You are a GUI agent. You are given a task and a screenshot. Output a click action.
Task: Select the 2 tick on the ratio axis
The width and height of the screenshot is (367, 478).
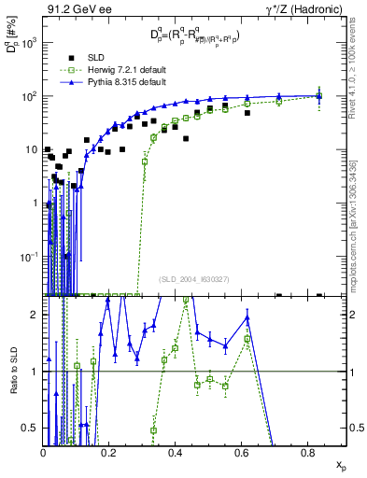(35, 315)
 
